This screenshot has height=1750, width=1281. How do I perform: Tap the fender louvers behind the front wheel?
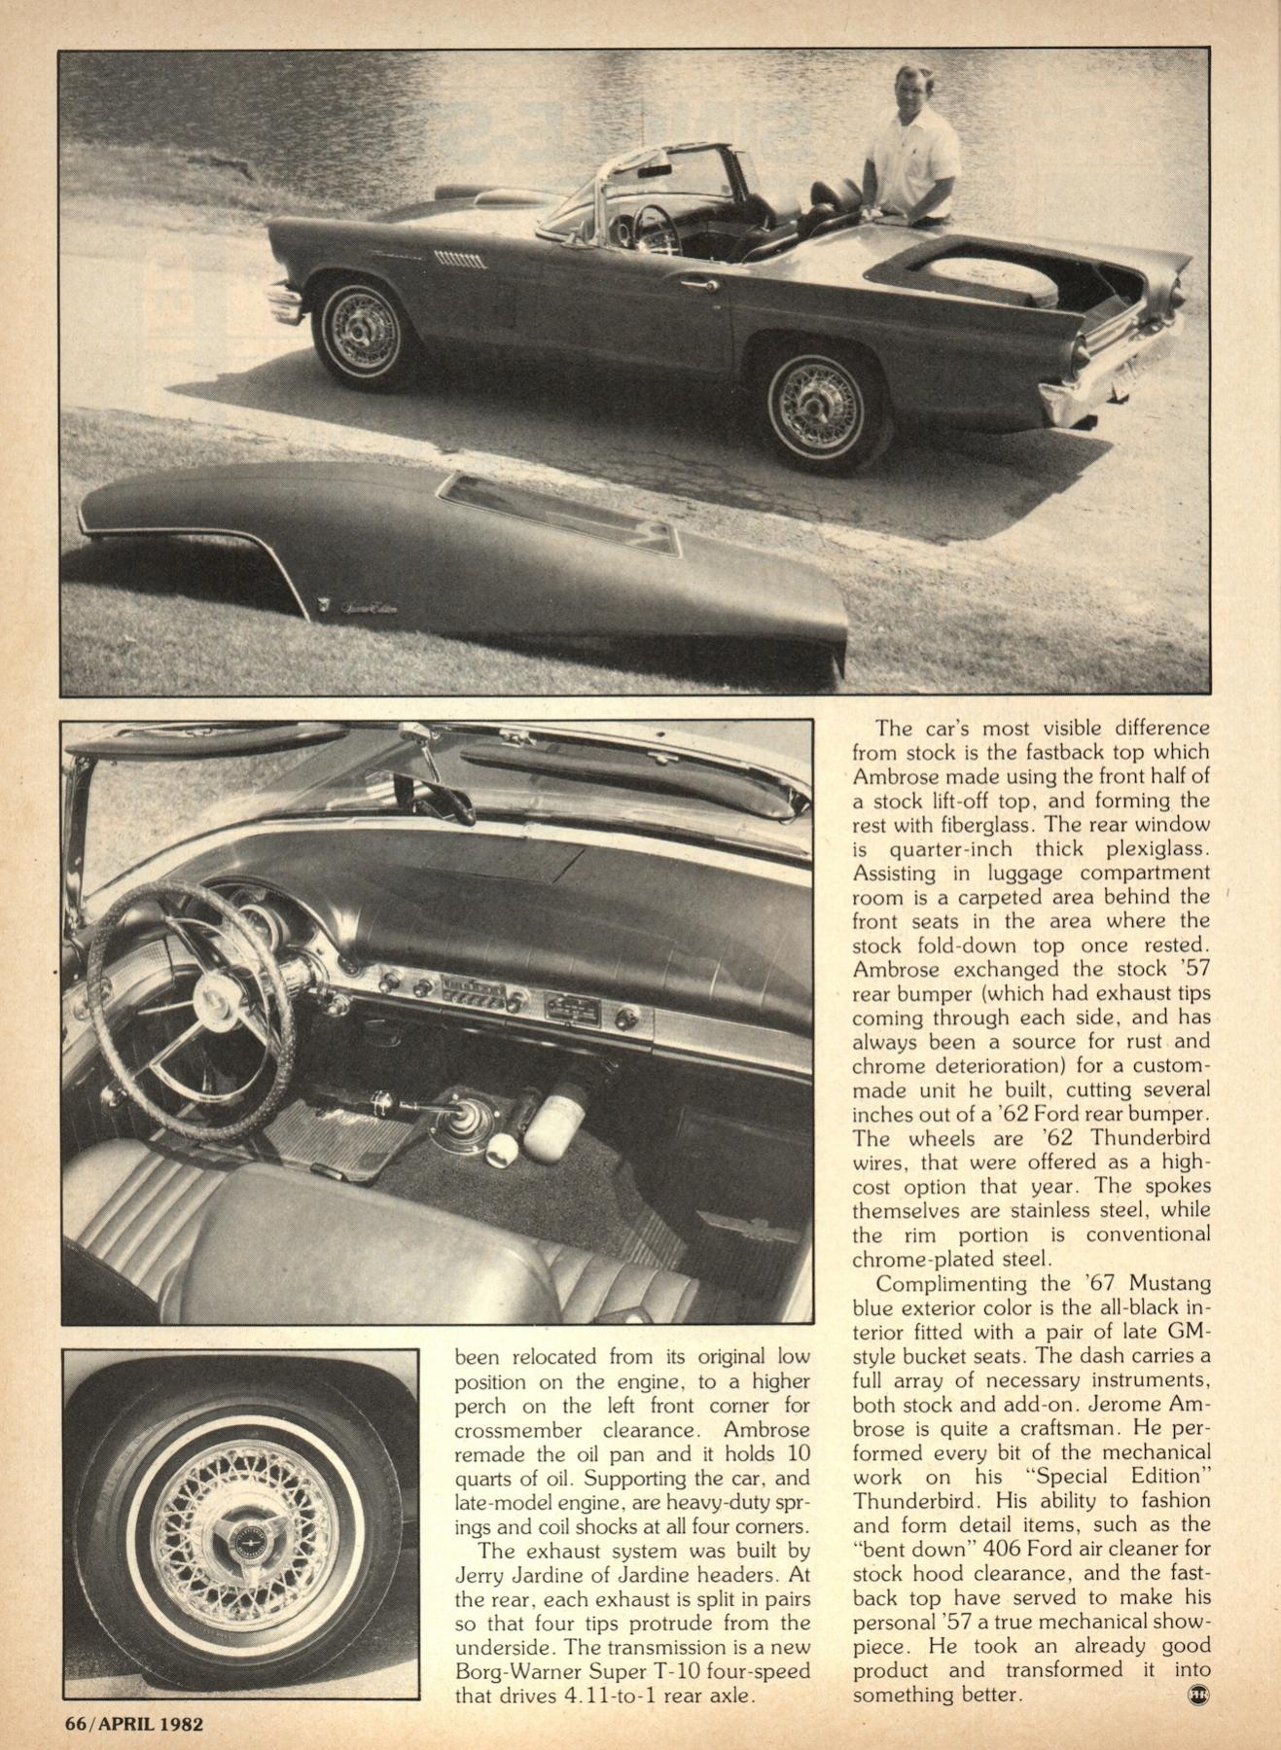[x=460, y=259]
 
